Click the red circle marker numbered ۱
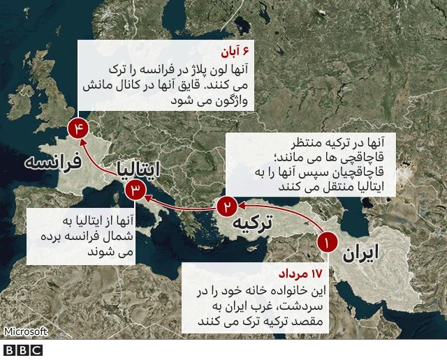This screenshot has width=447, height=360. point(327,243)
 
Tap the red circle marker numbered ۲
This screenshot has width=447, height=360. point(227,207)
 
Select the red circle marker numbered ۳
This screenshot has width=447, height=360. point(135,189)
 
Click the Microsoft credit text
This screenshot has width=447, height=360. point(25,332)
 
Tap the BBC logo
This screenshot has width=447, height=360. point(23,350)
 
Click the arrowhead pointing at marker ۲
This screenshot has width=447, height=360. point(240,205)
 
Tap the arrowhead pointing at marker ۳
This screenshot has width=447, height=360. point(149,196)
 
